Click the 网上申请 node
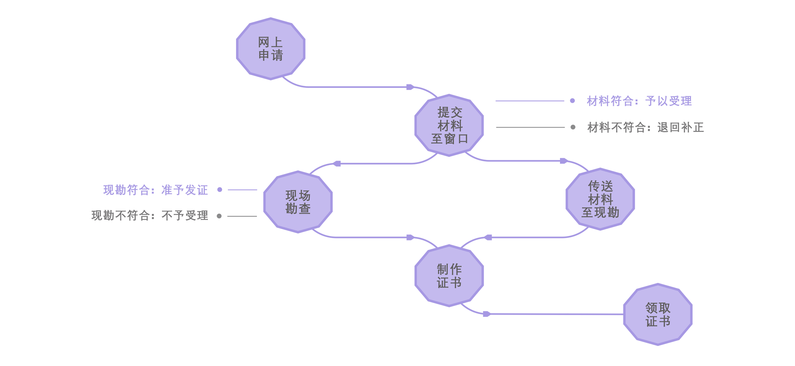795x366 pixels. pos(270,49)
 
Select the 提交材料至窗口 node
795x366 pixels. pos(449,125)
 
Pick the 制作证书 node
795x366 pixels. pos(449,276)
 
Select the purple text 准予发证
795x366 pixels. pos(185,190)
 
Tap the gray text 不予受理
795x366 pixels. pos(185,215)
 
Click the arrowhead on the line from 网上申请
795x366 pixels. pos(410,87)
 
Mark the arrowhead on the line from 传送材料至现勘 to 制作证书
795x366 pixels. pos(488,237)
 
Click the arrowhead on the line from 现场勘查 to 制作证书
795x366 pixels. pos(410,237)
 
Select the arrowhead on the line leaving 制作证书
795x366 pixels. pos(486,314)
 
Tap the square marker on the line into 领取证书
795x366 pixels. pos(584,314)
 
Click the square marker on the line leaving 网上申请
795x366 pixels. pos(368,89)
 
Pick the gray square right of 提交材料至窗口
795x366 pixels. pos(512,122)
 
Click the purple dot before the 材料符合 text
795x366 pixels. pos(572,100)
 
